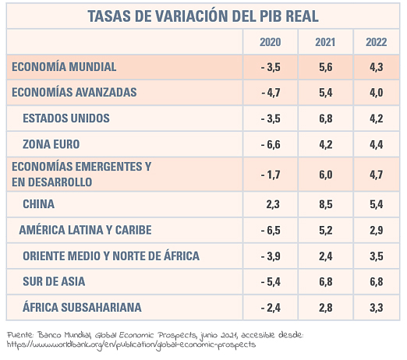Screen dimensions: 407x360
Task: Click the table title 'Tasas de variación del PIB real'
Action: coord(203,16)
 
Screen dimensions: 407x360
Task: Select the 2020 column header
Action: coord(271,42)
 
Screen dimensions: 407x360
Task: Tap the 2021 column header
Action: coord(325,42)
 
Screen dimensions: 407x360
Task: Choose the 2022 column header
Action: coord(377,42)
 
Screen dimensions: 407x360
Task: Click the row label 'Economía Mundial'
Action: coord(64,67)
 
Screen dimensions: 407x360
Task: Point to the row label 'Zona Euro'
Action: coord(51,144)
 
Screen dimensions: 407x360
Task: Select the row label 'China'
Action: coord(39,204)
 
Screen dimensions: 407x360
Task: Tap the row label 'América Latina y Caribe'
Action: coord(85,230)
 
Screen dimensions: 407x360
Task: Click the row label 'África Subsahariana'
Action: coord(82,307)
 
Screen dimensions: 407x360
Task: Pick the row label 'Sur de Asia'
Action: coord(54,281)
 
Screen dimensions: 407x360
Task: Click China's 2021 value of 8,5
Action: coord(326,204)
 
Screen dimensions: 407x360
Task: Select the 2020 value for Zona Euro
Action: coord(271,144)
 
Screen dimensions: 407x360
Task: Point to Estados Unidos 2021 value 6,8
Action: coord(326,118)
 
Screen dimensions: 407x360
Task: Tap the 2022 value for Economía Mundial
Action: coord(377,67)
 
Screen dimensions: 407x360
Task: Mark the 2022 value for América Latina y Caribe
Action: coord(377,231)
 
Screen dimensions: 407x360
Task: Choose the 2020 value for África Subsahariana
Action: coord(271,308)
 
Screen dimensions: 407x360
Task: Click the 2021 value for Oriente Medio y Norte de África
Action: coord(326,256)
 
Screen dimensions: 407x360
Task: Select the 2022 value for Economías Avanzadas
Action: coord(377,93)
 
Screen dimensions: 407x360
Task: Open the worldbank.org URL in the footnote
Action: coord(131,345)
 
